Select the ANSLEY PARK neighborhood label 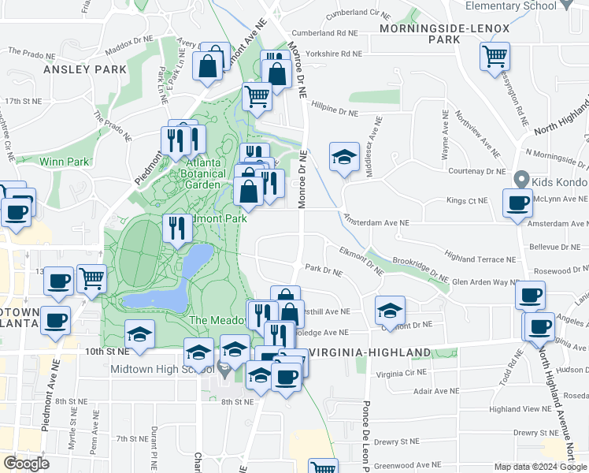pyautogui.click(x=85, y=69)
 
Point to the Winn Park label pyautogui.click(x=65, y=162)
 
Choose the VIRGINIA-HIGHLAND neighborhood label pyautogui.click(x=370, y=352)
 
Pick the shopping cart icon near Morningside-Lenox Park pyautogui.click(x=495, y=57)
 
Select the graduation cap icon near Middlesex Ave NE pyautogui.click(x=344, y=157)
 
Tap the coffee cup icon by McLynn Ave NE pyautogui.click(x=517, y=203)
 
